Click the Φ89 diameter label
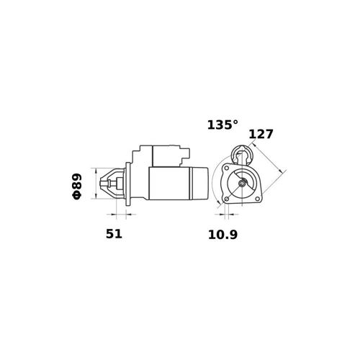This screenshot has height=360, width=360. [77, 186]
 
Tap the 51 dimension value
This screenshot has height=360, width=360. [114, 234]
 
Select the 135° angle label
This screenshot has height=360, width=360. [222, 125]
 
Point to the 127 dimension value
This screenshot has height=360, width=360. [261, 134]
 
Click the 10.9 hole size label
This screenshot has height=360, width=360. [222, 235]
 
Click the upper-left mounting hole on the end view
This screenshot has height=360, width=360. [226, 168]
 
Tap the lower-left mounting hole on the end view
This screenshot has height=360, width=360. [227, 199]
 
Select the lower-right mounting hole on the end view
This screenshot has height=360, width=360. [258, 199]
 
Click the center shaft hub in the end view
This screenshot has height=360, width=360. [242, 184]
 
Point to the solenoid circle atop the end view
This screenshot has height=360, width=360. [242, 155]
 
